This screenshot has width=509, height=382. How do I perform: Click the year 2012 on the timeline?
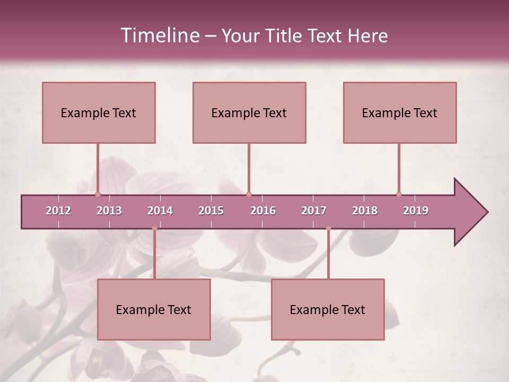tap(58, 211)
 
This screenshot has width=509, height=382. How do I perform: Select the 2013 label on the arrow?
tap(109, 211)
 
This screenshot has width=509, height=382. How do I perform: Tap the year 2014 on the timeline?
tap(160, 211)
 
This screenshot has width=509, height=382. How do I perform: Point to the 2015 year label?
tap(211, 211)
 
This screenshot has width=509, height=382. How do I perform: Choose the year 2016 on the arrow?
tap(263, 211)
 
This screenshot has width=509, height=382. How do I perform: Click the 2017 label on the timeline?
tap(314, 211)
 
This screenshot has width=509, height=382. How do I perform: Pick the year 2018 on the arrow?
tap(365, 211)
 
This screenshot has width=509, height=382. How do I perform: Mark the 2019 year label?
tap(416, 211)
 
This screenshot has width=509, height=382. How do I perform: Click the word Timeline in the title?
tap(159, 36)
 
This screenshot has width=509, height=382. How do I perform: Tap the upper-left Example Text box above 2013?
tap(99, 112)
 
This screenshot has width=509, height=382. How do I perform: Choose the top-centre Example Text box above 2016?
tap(249, 112)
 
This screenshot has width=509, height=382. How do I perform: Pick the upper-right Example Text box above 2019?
tap(400, 112)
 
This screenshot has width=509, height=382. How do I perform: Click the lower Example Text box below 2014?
tap(154, 309)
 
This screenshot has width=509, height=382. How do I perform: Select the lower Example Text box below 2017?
tap(328, 309)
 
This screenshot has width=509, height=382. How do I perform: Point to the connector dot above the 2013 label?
tap(98, 194)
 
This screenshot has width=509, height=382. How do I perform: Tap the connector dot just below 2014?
tap(154, 228)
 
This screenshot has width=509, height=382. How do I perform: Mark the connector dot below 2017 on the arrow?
tap(328, 228)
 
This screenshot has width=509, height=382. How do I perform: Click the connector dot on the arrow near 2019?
tap(399, 194)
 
